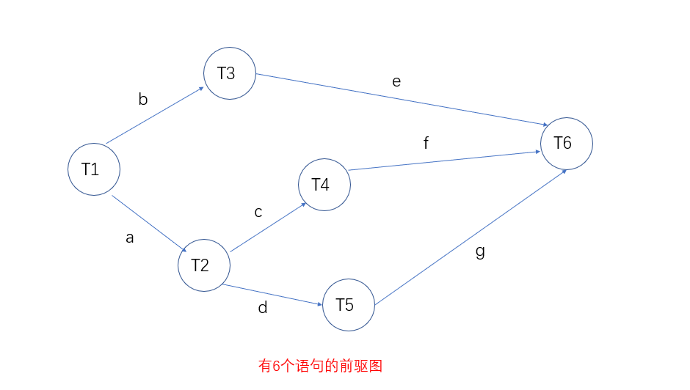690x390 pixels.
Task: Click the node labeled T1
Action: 94,169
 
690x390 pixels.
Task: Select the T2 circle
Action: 203,265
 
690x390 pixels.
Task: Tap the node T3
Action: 229,73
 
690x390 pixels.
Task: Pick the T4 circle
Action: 324,184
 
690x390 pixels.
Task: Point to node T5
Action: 349,305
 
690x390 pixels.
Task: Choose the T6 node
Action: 566,144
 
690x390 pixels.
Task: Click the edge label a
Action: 130,238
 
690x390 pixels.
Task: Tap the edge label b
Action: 143,100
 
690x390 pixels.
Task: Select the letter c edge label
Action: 258,212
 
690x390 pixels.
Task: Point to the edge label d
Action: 262,308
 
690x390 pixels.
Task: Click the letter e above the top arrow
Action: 396,81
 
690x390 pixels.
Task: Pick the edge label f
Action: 426,143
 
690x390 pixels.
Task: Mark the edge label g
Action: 480,251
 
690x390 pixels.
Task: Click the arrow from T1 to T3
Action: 155,116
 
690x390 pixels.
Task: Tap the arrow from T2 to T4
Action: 268,228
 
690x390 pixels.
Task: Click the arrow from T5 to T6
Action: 470,237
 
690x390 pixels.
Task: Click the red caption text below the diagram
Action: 321,366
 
